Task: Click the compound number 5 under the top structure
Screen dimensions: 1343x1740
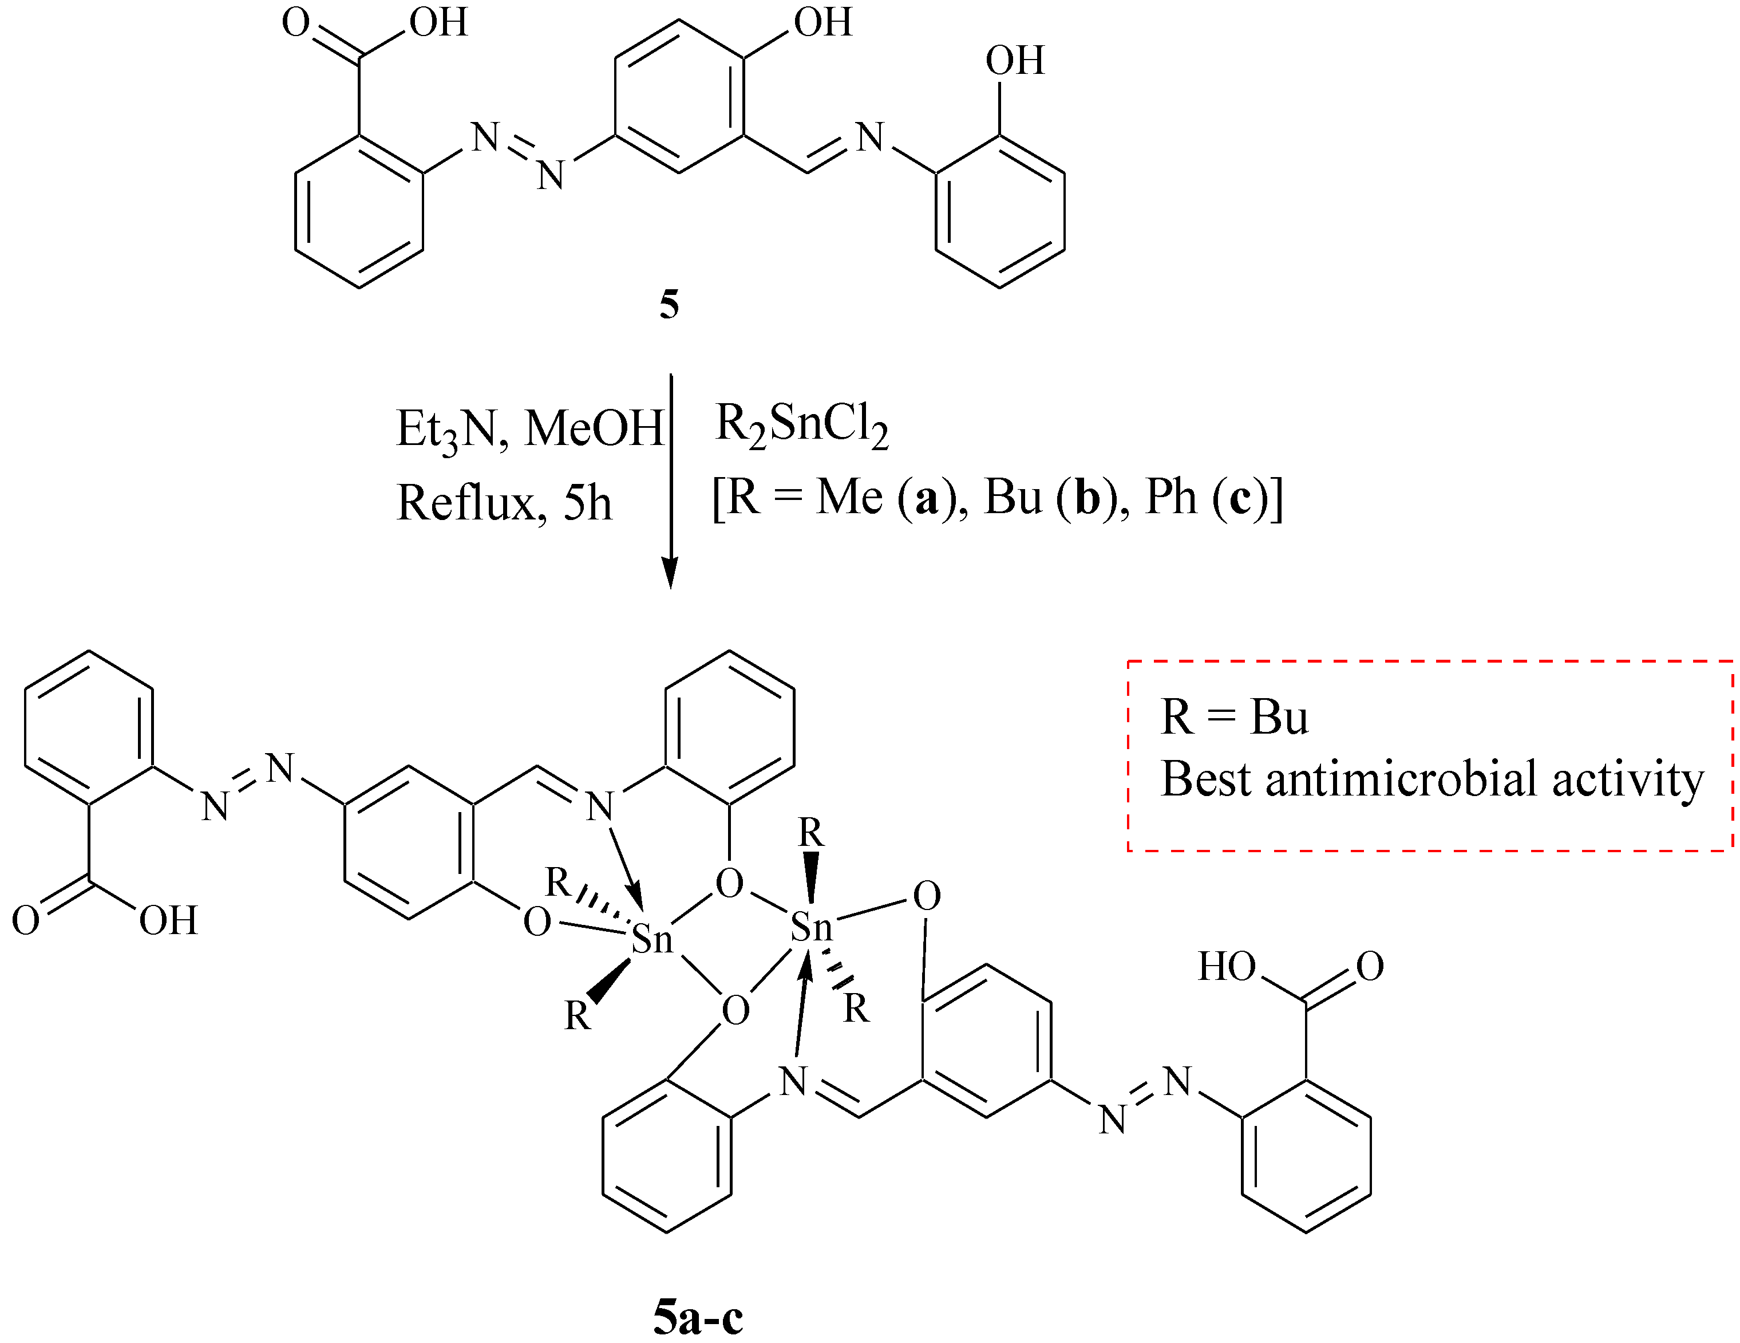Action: pos(669,305)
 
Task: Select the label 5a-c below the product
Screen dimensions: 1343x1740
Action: pos(698,1317)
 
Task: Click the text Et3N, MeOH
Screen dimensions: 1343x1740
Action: pos(530,429)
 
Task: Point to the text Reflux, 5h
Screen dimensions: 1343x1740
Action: pos(504,503)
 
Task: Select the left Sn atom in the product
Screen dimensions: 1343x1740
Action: pos(652,940)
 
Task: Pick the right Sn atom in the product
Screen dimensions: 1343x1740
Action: pos(811,927)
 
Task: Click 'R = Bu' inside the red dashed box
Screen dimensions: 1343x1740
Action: pos(1234,718)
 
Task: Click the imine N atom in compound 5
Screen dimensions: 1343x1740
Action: pos(870,138)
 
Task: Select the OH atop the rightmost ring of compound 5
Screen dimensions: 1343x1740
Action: pos(1014,61)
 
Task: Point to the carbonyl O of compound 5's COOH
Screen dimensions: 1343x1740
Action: pos(295,22)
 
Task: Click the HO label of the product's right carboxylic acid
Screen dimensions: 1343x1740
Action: pos(1227,967)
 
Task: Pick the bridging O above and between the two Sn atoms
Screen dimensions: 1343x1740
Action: pos(729,883)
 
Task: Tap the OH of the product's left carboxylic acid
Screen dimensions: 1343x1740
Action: pos(168,920)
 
